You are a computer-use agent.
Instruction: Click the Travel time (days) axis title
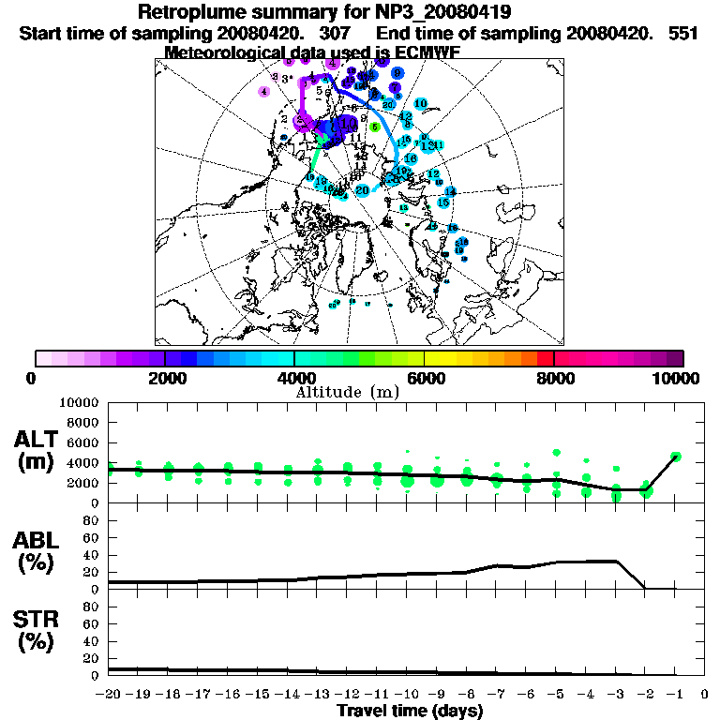[x=410, y=711]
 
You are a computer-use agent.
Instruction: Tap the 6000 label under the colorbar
[x=425, y=378]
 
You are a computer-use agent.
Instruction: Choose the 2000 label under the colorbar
[x=165, y=378]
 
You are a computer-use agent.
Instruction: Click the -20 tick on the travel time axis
[x=109, y=695]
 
